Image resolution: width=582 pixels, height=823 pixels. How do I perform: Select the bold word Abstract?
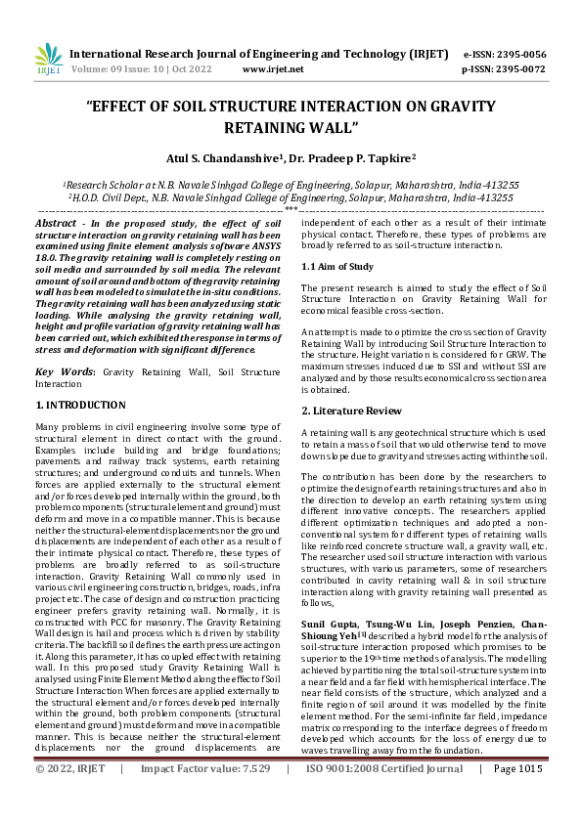pos(56,224)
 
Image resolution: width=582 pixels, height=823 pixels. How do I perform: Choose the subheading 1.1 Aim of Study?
pos(336,266)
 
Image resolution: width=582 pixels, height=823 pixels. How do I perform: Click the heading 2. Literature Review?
pos(349,410)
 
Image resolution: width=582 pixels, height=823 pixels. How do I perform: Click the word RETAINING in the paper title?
pos(267,127)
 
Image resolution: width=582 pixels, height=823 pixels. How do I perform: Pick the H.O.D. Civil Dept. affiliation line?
pos(291,196)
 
